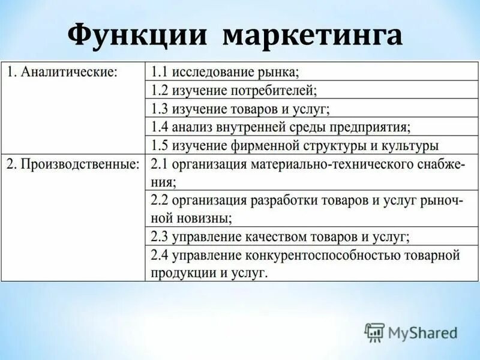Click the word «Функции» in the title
(x=139, y=37)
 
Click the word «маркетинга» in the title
(x=313, y=37)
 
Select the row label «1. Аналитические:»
(x=62, y=72)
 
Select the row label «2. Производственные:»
(x=72, y=163)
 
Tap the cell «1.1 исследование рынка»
(x=225, y=72)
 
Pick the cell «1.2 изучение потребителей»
(x=233, y=91)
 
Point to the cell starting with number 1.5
(x=295, y=146)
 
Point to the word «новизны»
(x=205, y=218)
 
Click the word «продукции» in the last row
(x=178, y=272)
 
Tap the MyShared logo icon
(x=375, y=332)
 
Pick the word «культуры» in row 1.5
(x=413, y=146)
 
